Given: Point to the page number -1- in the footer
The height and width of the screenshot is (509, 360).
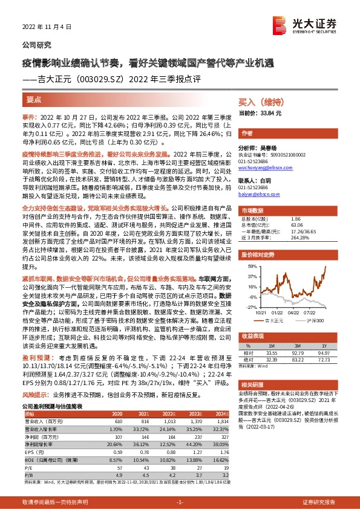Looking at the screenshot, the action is click(179, 502).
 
